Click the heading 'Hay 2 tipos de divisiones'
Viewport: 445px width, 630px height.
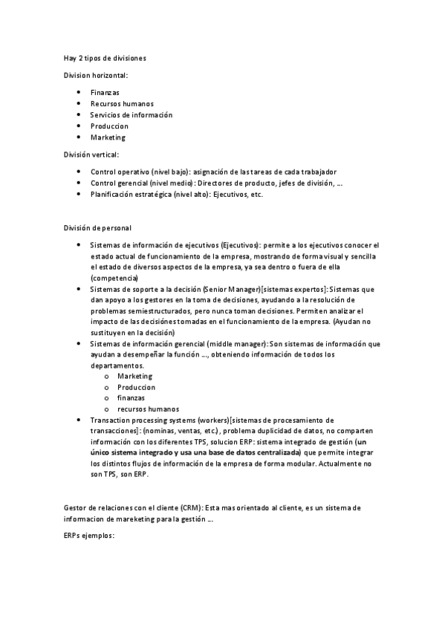click(104, 57)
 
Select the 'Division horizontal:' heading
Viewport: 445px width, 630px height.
click(95, 75)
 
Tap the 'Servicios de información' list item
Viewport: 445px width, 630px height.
click(131, 114)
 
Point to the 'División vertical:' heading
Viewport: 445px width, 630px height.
click(91, 154)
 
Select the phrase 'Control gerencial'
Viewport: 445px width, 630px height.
click(119, 183)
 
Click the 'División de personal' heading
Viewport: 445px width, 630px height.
click(97, 227)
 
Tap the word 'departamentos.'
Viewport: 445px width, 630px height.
click(117, 366)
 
